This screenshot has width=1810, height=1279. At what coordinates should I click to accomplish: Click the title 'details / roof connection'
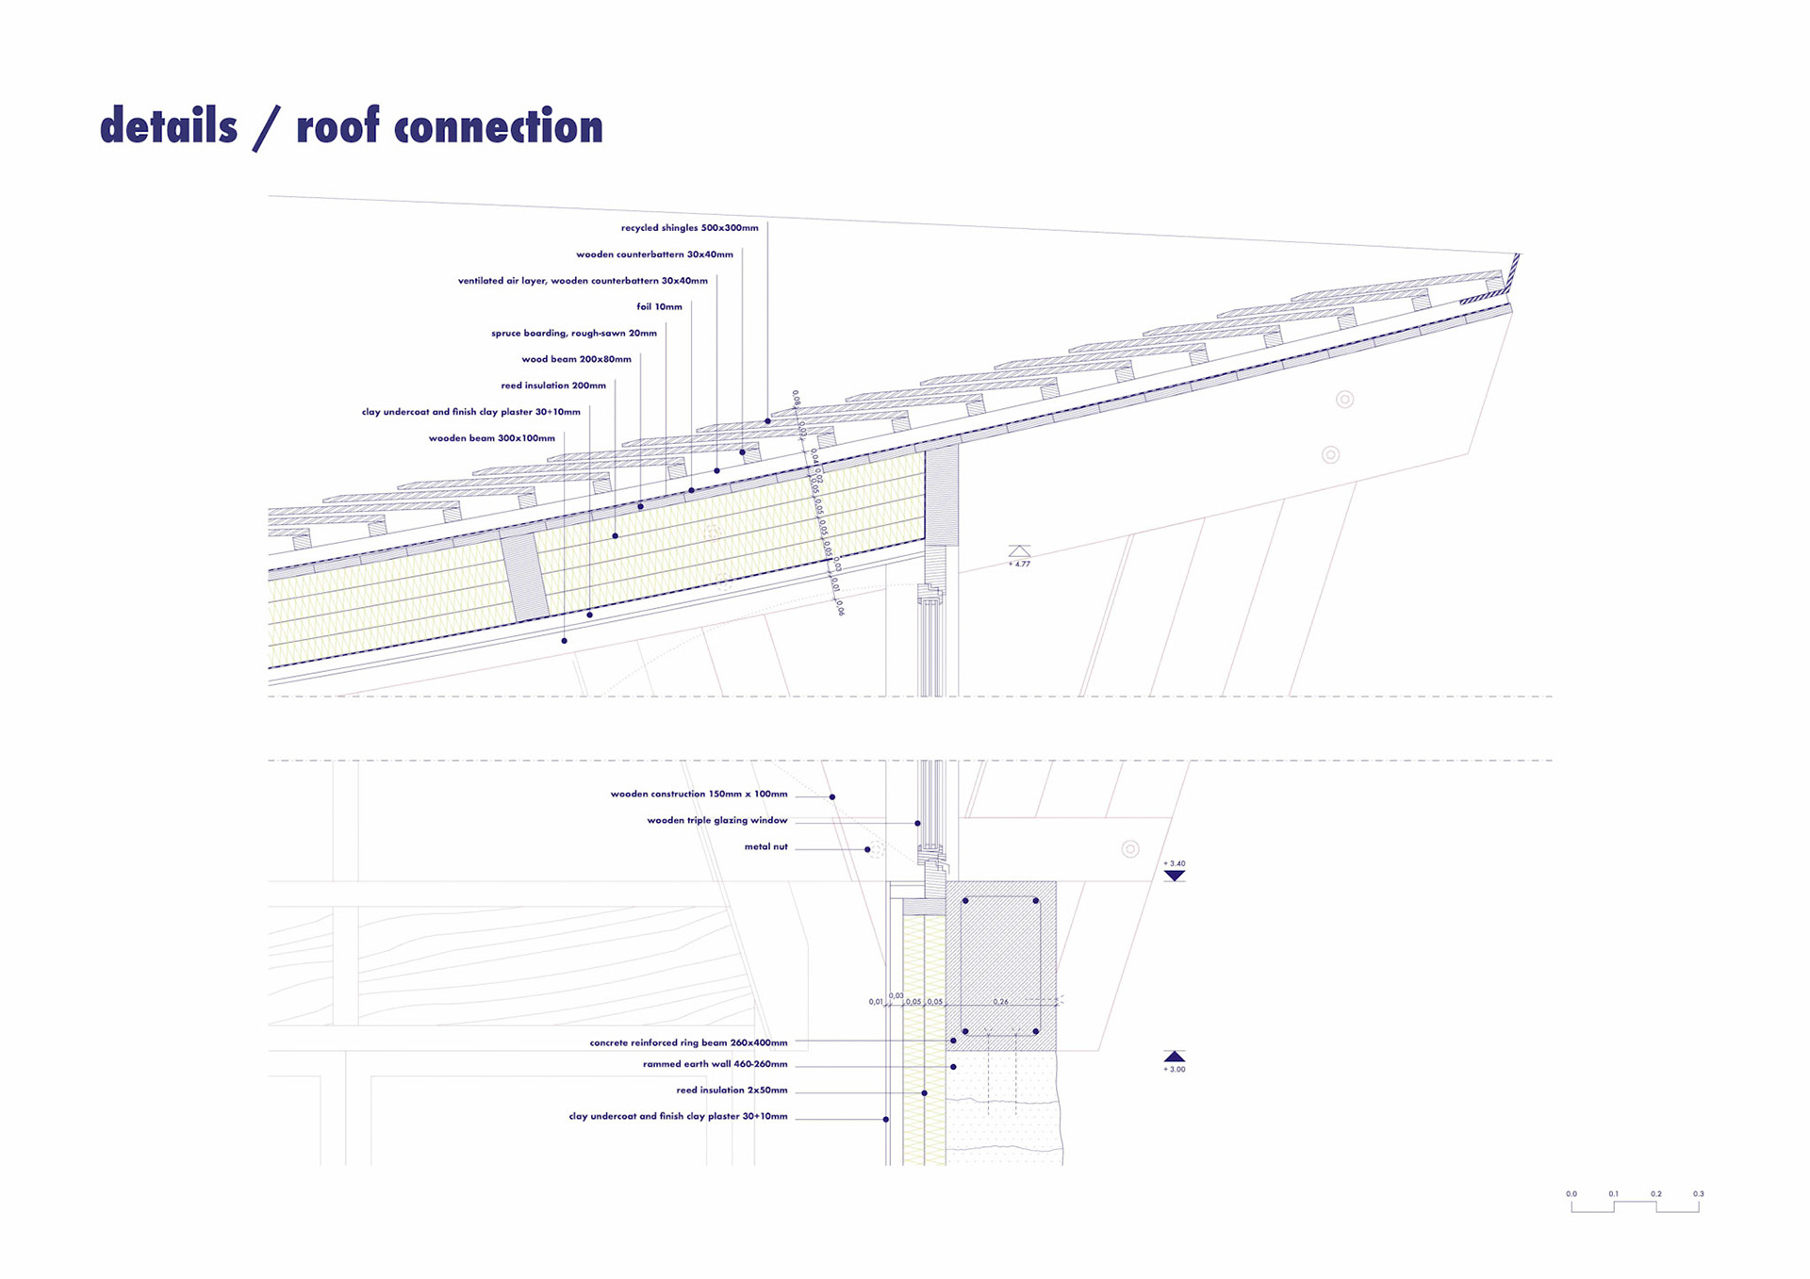coord(351,126)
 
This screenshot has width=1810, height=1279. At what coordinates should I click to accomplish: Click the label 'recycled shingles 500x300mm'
coord(689,228)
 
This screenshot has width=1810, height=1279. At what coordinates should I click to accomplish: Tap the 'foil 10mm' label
coord(659,307)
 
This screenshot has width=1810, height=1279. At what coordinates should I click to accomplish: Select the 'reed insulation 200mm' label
coord(553,385)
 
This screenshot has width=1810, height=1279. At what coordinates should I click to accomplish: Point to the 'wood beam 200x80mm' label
coord(576,359)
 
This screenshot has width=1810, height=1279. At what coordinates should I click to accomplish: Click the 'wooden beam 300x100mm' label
coord(491,438)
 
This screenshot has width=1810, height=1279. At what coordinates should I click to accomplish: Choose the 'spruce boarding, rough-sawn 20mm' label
coord(573,334)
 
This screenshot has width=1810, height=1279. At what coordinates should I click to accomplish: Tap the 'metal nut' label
coord(765,847)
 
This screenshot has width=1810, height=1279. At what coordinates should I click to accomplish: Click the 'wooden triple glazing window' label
coord(716,821)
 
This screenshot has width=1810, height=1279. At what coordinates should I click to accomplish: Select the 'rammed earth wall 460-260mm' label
coord(715,1064)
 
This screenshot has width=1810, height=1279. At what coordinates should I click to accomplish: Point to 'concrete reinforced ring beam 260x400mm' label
coord(688,1043)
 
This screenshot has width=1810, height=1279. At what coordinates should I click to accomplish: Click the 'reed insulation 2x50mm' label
coord(732,1090)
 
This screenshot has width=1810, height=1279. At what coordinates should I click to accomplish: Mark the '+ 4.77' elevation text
coord(1019,564)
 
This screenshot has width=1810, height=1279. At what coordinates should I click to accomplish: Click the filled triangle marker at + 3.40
coord(1174,877)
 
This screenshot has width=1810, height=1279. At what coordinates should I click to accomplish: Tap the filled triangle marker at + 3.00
coord(1174,1056)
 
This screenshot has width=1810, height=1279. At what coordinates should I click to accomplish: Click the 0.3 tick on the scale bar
coord(1698,1205)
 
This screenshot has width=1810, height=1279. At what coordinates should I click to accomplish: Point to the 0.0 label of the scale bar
coord(1571,1194)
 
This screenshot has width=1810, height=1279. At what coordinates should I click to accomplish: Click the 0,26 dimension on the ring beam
coord(1000,1002)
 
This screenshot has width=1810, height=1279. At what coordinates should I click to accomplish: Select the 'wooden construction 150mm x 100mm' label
coord(699,795)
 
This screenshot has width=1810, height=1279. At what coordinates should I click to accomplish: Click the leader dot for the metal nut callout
coord(867,849)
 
